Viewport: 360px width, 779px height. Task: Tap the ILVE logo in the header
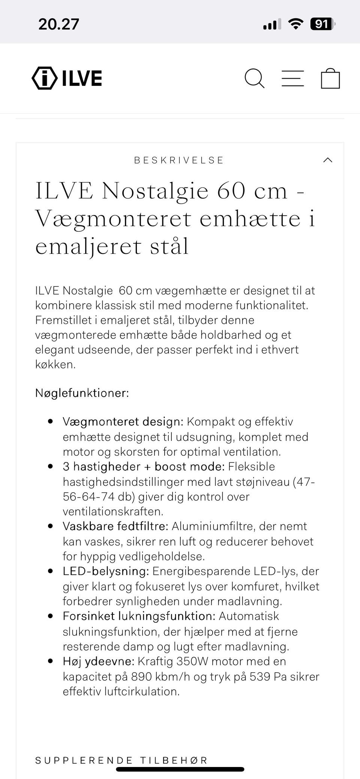pyautogui.click(x=67, y=78)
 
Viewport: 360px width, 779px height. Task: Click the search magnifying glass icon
pyautogui.click(x=255, y=78)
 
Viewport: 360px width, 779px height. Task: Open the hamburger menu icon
pyautogui.click(x=292, y=78)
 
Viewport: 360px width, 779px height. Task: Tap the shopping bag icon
pyautogui.click(x=330, y=78)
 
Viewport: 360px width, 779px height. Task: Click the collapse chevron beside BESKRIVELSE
pyautogui.click(x=328, y=160)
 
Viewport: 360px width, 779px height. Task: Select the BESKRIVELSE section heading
pyautogui.click(x=179, y=160)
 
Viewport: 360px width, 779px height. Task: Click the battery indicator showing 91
pyautogui.click(x=322, y=24)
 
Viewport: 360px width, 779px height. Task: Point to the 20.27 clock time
pyautogui.click(x=59, y=24)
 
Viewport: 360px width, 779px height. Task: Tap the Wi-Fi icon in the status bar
pyautogui.click(x=295, y=24)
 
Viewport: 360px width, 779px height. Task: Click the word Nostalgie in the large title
pyautogui.click(x=155, y=191)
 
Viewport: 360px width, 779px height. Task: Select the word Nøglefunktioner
pyautogui.click(x=82, y=393)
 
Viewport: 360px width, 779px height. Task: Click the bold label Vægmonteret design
pyautogui.click(x=123, y=422)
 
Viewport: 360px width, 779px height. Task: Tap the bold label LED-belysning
pyautogui.click(x=106, y=571)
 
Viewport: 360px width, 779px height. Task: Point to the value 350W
pyautogui.click(x=192, y=661)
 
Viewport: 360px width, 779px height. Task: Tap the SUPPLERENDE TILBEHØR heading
pyautogui.click(x=121, y=760)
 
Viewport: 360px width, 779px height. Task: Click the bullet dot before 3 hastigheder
pyautogui.click(x=51, y=466)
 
